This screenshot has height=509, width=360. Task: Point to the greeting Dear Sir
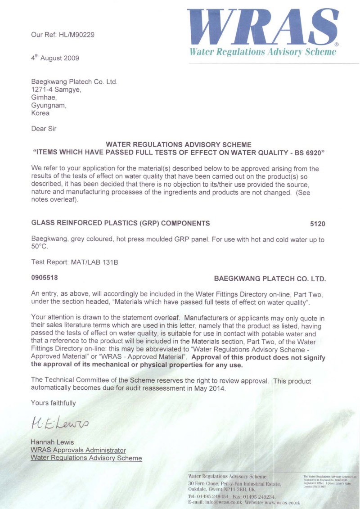point(44,128)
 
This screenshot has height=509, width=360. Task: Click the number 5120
point(317,224)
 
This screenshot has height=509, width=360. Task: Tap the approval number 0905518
point(44,278)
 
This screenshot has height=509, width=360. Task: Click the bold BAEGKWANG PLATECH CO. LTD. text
point(270,279)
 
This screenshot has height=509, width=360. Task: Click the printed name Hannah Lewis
point(52,442)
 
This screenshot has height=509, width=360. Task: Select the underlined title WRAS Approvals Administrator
point(78,450)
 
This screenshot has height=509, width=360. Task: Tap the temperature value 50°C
point(39,247)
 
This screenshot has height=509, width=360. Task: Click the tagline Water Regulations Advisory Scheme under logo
point(263,52)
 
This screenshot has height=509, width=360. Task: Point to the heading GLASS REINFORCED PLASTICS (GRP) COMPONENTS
point(120,223)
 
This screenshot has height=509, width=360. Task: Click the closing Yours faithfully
point(53,402)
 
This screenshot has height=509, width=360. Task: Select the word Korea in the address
point(40,113)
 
